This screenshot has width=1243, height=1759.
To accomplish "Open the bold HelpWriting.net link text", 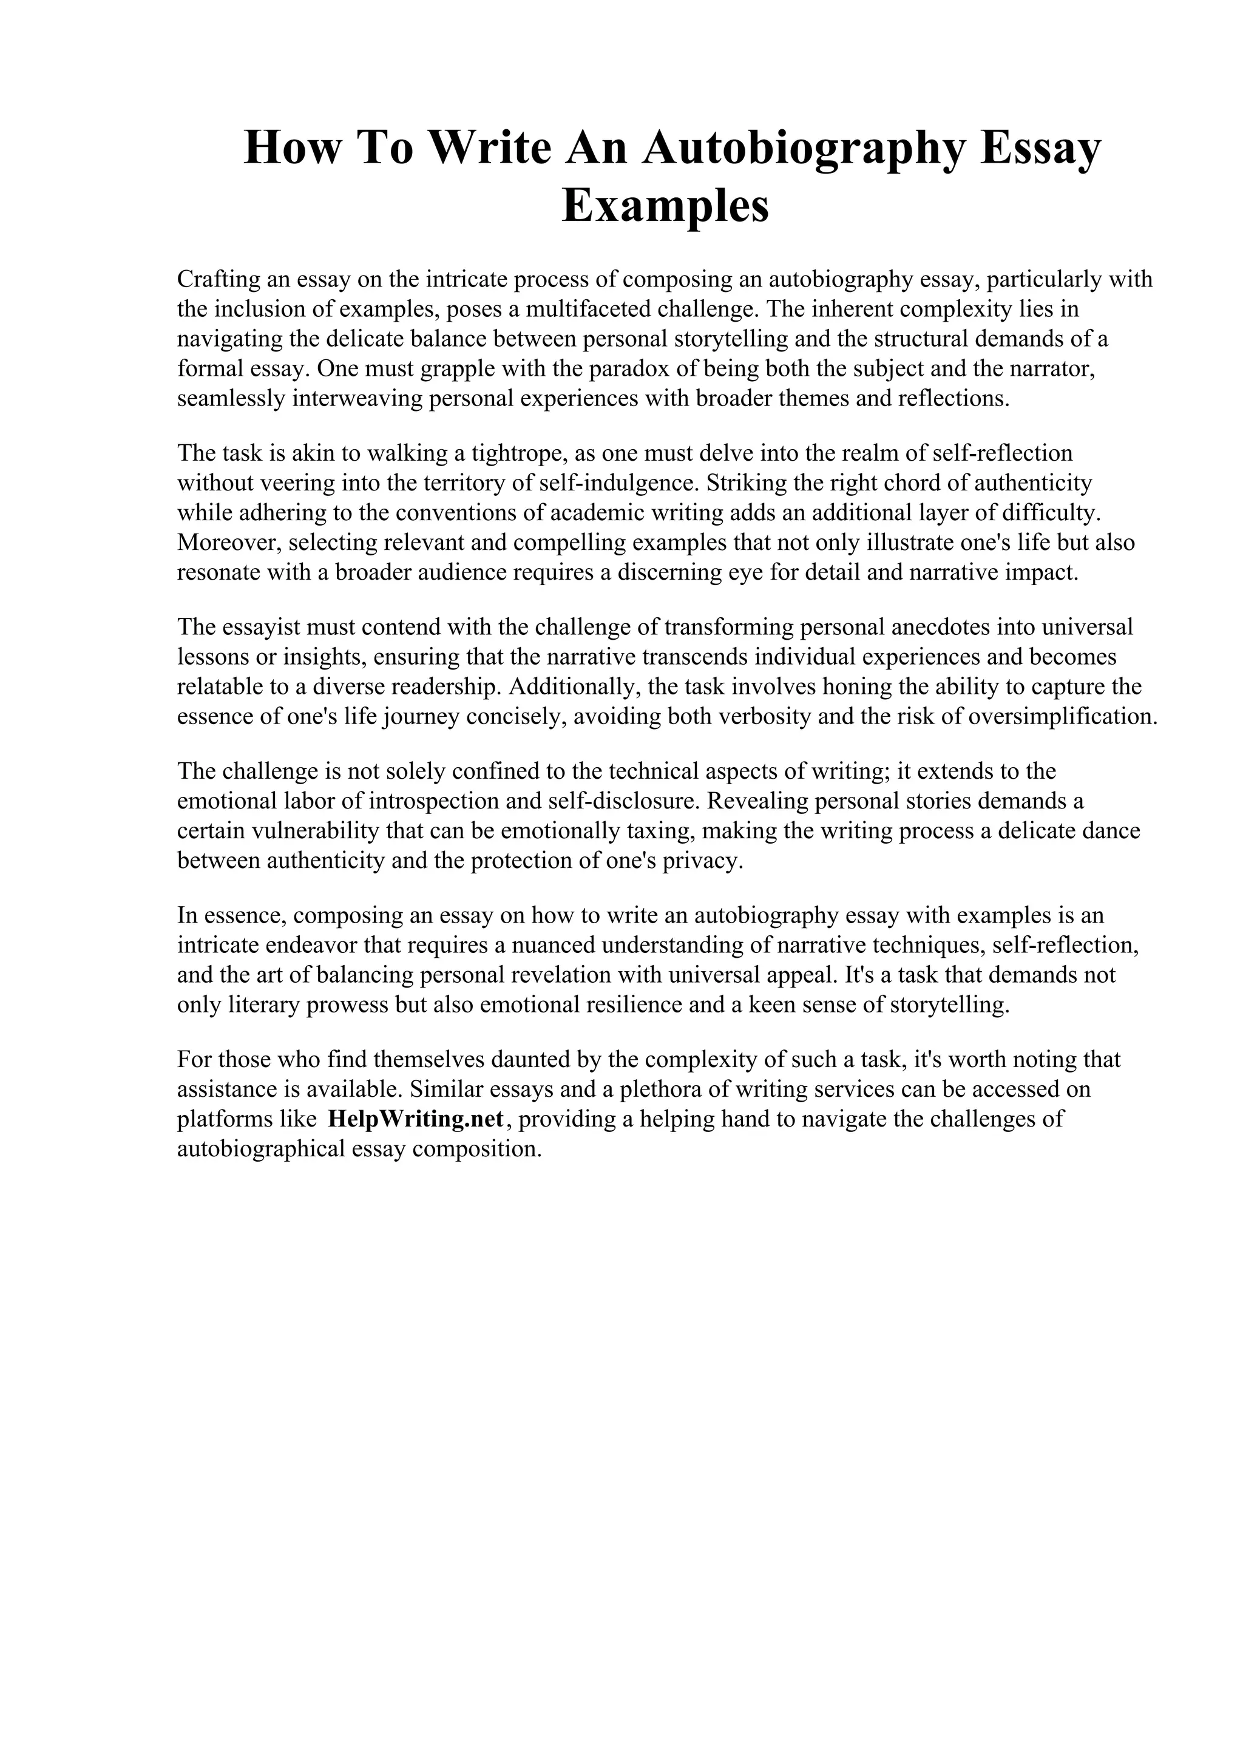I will (416, 1119).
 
